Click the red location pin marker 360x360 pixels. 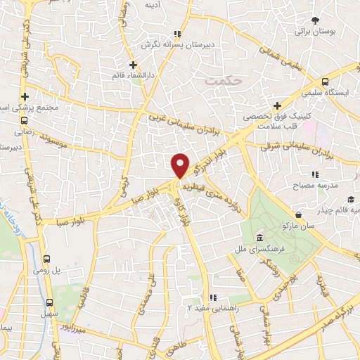pos(181,165)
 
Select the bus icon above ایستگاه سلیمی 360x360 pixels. pos(324,82)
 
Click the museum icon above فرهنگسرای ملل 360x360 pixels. pos(260,238)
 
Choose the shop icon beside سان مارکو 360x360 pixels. pos(300,215)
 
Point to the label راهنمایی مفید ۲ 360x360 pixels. pos(210,308)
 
